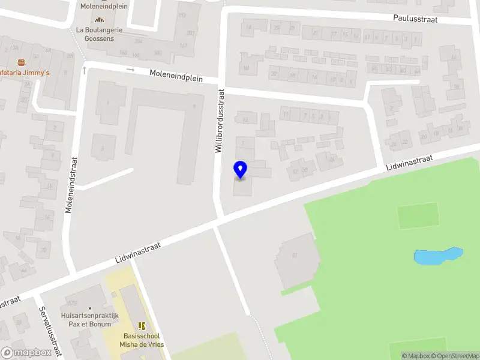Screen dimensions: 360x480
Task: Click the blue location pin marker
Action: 240,170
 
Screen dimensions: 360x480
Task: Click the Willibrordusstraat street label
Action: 220,121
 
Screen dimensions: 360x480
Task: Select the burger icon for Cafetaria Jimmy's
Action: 22,62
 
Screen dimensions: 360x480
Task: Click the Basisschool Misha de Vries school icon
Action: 142,326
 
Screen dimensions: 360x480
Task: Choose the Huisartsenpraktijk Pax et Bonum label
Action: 90,319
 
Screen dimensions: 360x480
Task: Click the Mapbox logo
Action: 27,353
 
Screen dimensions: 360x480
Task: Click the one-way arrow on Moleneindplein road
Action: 131,70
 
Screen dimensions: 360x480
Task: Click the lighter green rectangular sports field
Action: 418,215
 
